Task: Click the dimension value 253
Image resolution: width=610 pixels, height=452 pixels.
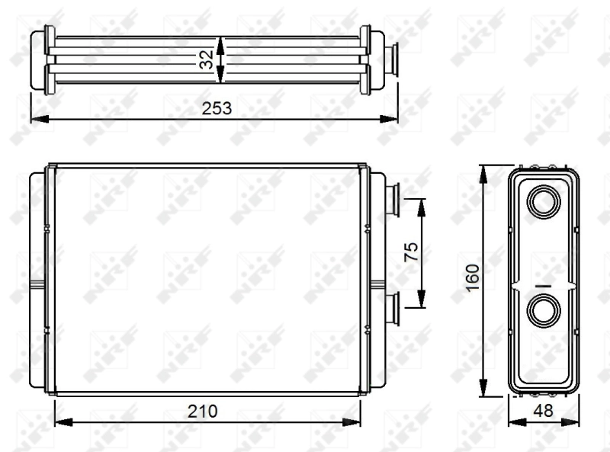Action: pyautogui.click(x=216, y=108)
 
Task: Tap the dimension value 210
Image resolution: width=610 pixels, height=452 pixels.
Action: pyautogui.click(x=204, y=411)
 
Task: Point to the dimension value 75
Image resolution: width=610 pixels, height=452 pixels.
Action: pyautogui.click(x=409, y=252)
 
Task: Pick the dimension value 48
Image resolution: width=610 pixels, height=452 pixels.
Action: pyautogui.click(x=544, y=411)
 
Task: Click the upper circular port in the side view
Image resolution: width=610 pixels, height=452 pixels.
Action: pyautogui.click(x=544, y=202)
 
